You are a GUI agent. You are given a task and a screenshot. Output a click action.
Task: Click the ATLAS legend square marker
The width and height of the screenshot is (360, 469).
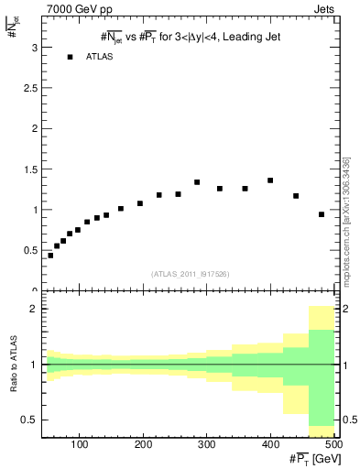(x=70, y=58)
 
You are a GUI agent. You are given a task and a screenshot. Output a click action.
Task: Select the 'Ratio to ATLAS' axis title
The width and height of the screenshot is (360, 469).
(x=14, y=364)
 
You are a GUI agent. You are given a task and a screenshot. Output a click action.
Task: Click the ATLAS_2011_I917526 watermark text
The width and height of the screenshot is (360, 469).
(x=191, y=274)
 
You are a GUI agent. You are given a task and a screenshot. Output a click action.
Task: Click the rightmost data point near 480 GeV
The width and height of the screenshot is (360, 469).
(x=322, y=214)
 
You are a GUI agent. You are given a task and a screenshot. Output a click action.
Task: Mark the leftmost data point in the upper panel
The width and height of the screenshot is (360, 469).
(x=50, y=256)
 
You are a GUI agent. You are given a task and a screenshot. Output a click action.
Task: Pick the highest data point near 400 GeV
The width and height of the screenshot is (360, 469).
(x=270, y=180)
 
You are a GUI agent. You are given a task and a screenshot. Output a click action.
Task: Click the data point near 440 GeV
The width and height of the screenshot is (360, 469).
(x=296, y=196)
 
